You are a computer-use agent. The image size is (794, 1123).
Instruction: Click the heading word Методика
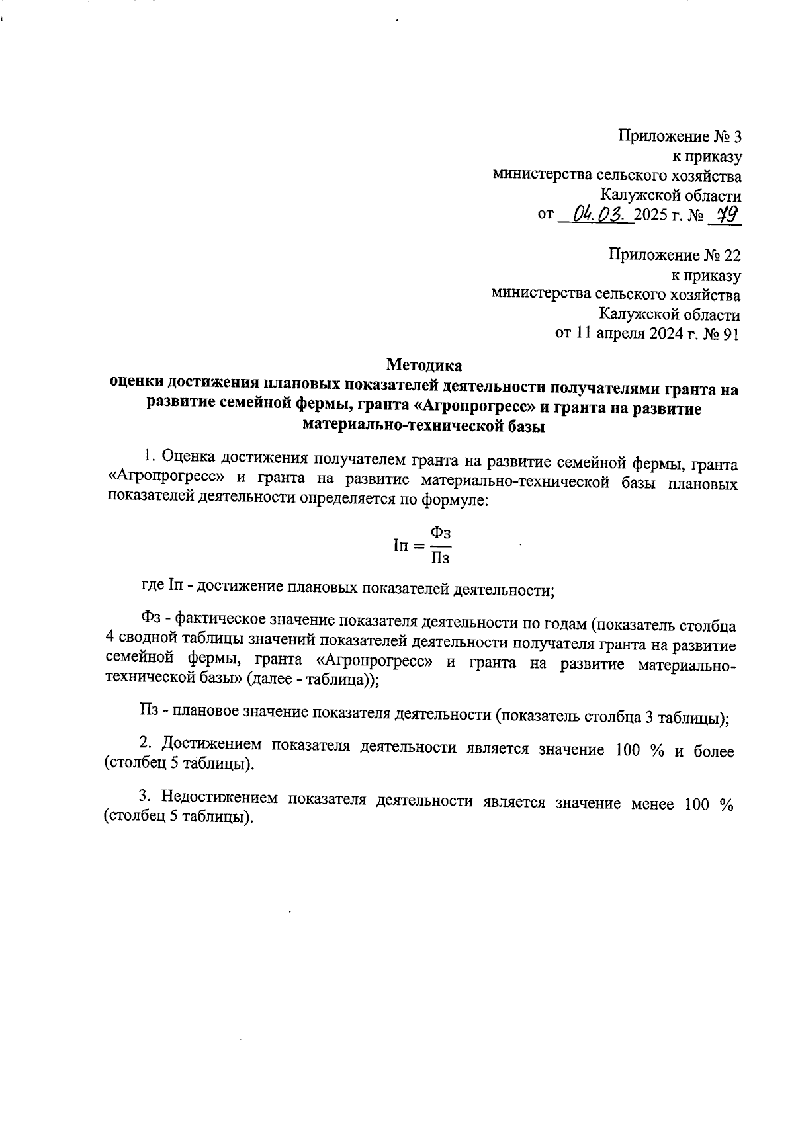coord(424,364)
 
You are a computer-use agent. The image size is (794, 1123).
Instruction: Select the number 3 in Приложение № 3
coord(734,137)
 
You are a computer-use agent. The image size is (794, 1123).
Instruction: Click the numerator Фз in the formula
coord(441,532)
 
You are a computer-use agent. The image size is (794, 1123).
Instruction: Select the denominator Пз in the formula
coord(441,559)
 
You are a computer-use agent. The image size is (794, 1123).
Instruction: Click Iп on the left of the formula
coord(400,546)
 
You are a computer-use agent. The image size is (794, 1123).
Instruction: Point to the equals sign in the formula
coord(418,546)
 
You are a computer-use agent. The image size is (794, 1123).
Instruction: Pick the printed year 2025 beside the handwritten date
coord(650,216)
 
